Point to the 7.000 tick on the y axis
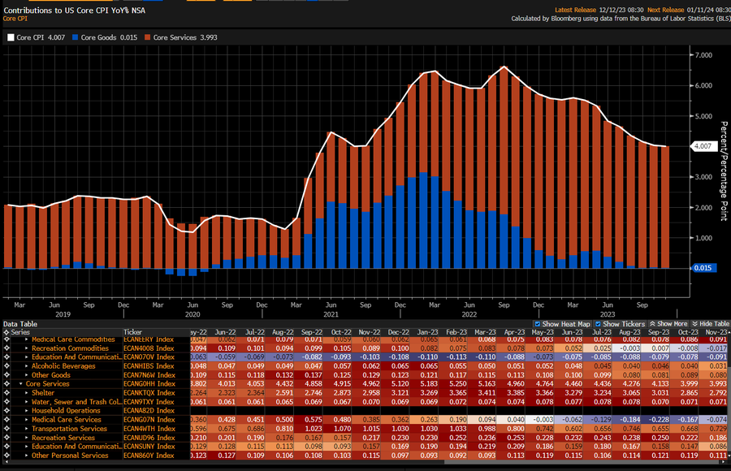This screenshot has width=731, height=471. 699,54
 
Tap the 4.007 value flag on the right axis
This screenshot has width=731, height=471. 701,146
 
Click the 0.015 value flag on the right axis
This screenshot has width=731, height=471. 701,268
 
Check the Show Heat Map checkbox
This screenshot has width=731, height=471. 538,323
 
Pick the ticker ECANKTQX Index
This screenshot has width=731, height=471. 149,393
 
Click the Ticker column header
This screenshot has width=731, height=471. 133,332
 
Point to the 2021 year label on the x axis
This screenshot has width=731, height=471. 331,313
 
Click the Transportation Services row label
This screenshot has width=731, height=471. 69,429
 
